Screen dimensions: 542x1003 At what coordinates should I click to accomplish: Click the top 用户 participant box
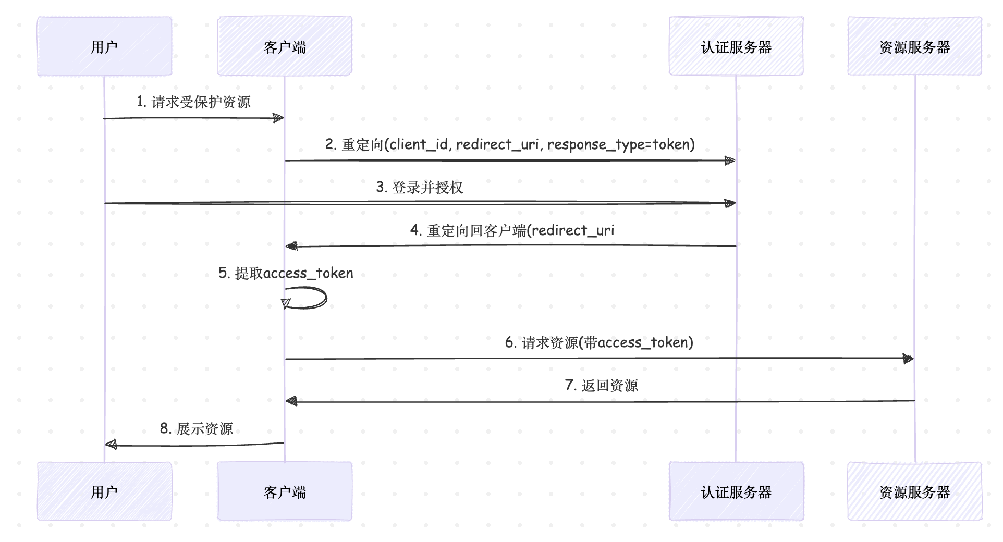104,46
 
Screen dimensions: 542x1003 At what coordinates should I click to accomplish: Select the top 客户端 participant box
285,46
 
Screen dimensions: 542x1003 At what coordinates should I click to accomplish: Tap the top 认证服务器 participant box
736,46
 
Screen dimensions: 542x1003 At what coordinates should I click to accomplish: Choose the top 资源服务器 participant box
914,46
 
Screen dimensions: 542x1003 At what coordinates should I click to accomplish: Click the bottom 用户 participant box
104,491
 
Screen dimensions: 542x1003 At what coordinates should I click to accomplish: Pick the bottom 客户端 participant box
285,491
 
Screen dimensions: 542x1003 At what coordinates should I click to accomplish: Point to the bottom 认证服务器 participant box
736,491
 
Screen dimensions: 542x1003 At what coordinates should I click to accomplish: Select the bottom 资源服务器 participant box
914,491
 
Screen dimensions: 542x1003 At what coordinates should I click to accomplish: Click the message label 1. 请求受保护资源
193,102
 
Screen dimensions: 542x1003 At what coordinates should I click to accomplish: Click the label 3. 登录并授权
420,187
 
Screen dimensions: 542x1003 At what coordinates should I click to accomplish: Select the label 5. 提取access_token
286,273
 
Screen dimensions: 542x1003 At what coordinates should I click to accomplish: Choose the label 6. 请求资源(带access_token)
599,342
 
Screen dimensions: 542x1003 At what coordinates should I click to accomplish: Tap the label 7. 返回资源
601,386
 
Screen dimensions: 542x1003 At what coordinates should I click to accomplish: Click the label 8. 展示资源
196,428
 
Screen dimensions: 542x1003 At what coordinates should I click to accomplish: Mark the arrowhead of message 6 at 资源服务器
908,359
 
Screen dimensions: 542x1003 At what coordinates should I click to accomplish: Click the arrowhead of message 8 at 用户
111,445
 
